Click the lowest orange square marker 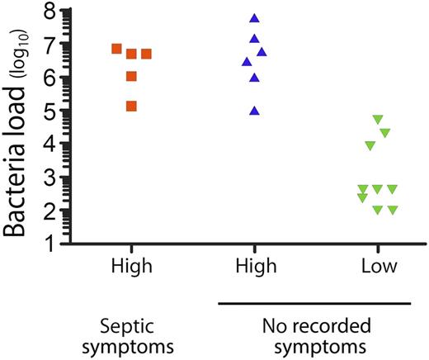131,106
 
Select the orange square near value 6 131,76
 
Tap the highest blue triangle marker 255,18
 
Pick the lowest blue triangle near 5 255,111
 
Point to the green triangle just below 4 370,146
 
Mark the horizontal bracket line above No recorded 313,304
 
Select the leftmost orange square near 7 116,49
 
